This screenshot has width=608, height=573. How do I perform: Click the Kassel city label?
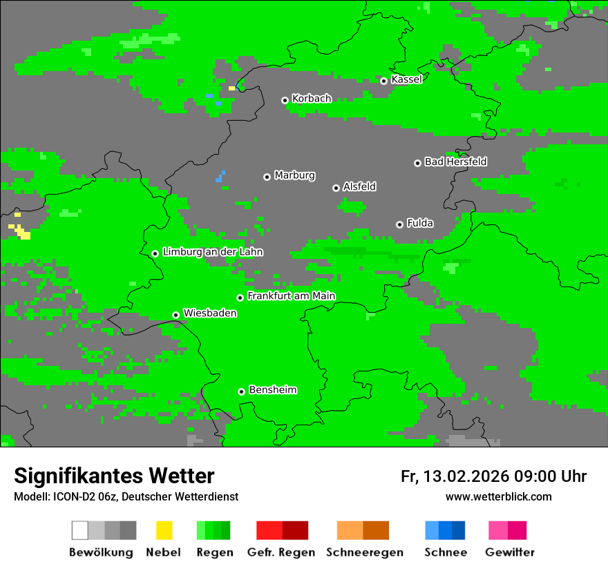(406, 79)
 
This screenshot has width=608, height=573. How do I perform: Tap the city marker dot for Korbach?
(285, 100)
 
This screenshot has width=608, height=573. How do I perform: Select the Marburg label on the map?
(294, 175)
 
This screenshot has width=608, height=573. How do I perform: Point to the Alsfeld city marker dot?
(336, 188)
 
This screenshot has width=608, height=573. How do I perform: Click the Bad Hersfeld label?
(455, 162)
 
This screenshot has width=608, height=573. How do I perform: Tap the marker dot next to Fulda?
(399, 224)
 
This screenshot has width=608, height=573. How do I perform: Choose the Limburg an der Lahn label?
(212, 252)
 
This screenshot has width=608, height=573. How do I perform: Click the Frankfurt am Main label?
(291, 296)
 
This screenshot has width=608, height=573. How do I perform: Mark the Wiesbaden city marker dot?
(175, 315)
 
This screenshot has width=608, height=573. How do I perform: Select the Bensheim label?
(272, 390)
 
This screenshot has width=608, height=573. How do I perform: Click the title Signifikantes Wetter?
(114, 476)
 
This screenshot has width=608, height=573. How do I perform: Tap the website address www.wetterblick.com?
(498, 496)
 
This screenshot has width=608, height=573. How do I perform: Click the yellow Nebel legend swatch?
(164, 530)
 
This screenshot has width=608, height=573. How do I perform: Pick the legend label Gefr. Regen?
(281, 552)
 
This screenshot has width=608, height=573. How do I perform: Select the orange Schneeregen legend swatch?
(350, 530)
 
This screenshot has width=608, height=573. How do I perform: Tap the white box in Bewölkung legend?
(80, 530)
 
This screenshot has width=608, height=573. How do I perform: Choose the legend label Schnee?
(446, 552)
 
